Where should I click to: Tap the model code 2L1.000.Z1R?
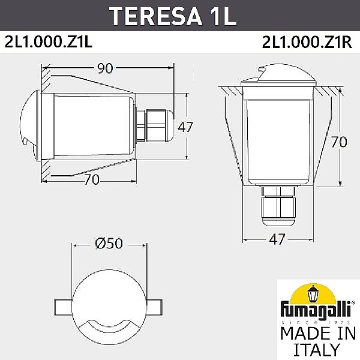point(307,43)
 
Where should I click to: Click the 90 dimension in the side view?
point(105,68)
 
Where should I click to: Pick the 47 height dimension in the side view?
point(186,127)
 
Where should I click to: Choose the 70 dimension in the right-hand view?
point(339,142)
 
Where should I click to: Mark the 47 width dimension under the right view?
point(276,239)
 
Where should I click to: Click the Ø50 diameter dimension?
point(109,244)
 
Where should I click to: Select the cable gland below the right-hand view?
point(277,207)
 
